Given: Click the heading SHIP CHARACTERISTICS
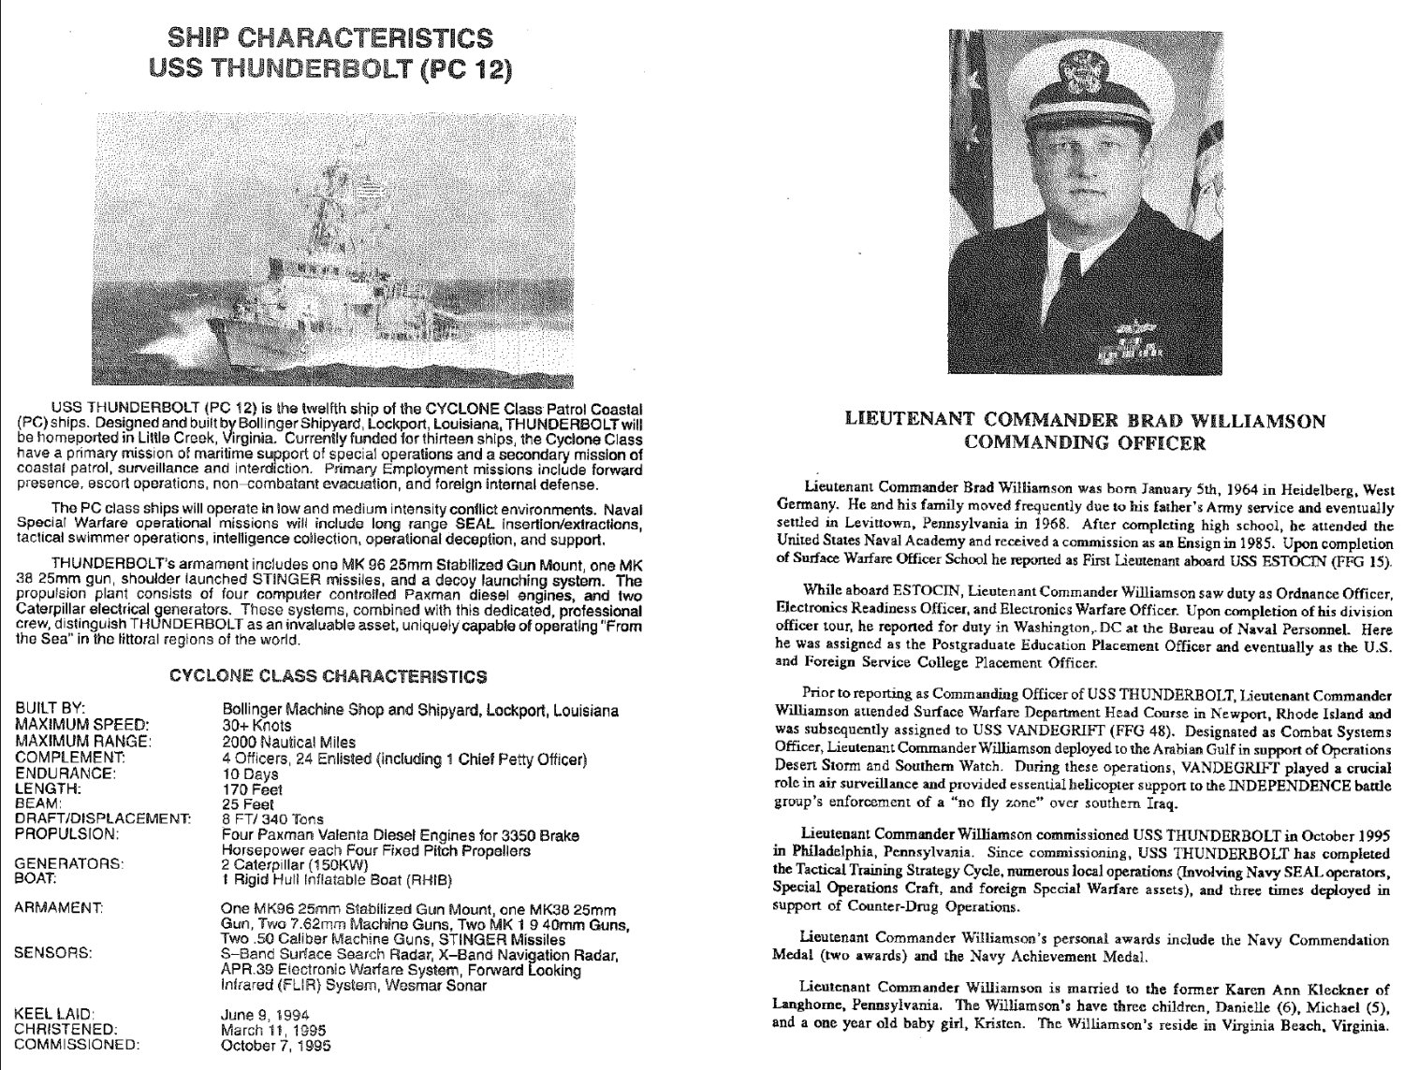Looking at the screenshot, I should pyautogui.click(x=329, y=38).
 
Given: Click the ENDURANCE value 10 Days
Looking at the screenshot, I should pyautogui.click(x=250, y=774).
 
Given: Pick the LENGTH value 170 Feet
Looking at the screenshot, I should pyautogui.click(x=248, y=789).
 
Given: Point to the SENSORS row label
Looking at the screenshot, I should pyautogui.click(x=53, y=954).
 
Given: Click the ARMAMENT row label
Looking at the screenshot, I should pyautogui.click(x=59, y=908).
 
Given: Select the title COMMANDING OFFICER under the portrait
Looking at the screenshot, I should pyautogui.click(x=1085, y=443).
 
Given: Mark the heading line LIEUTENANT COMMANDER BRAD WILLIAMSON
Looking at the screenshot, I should pyautogui.click(x=1085, y=421).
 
